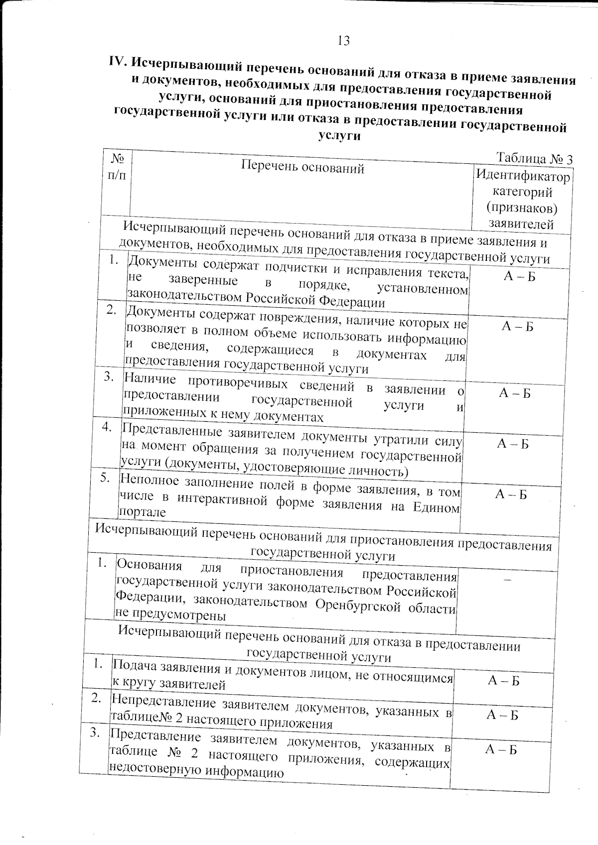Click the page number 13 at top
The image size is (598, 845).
[x=343, y=41]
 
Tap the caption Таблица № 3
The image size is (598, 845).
[x=534, y=158]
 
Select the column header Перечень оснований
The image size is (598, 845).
[x=302, y=168]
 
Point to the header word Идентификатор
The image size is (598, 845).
[x=523, y=176]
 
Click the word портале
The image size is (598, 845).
[x=142, y=512]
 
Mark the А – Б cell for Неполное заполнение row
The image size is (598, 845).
[x=511, y=494]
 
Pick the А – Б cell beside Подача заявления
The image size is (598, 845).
[x=503, y=681]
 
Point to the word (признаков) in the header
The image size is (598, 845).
[x=522, y=208]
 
